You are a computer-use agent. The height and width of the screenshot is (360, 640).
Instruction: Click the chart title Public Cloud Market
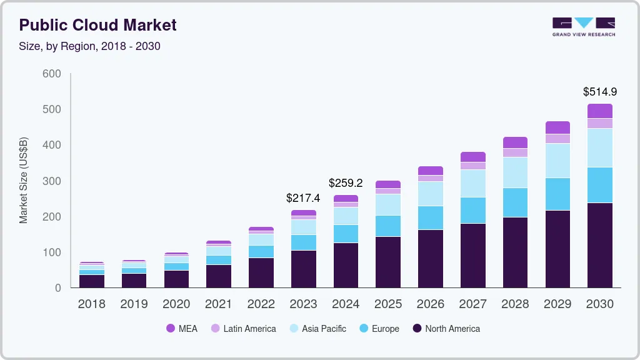click(97, 25)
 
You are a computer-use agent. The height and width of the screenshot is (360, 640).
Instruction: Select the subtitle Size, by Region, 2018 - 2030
click(90, 46)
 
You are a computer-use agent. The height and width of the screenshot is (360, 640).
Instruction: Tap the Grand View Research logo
click(583, 26)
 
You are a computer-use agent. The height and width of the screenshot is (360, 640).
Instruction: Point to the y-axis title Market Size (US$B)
click(24, 180)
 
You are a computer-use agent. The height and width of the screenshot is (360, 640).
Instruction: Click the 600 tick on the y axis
click(52, 74)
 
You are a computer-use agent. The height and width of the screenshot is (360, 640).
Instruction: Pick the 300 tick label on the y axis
click(52, 181)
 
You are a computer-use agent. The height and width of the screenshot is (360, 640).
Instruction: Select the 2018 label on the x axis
click(91, 304)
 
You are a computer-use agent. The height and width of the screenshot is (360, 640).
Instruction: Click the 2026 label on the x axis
click(431, 304)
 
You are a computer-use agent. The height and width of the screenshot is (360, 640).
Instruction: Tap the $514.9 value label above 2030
click(600, 92)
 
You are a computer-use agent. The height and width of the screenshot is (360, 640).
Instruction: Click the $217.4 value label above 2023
click(303, 197)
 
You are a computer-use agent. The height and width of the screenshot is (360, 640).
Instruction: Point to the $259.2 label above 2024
click(346, 183)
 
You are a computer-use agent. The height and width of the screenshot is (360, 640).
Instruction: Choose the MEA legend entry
click(182, 328)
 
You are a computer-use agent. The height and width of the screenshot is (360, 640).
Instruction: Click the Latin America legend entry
click(243, 328)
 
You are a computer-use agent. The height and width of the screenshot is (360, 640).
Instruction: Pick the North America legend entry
click(446, 328)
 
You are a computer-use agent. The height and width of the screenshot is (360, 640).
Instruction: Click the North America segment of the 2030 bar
click(600, 245)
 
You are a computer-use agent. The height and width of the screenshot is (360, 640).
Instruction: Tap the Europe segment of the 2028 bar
click(515, 202)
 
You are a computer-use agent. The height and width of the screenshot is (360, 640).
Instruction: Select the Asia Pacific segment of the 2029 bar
click(557, 161)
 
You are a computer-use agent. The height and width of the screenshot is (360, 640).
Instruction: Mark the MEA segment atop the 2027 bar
click(473, 157)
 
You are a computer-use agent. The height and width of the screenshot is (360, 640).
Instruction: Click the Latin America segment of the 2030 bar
click(600, 123)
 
